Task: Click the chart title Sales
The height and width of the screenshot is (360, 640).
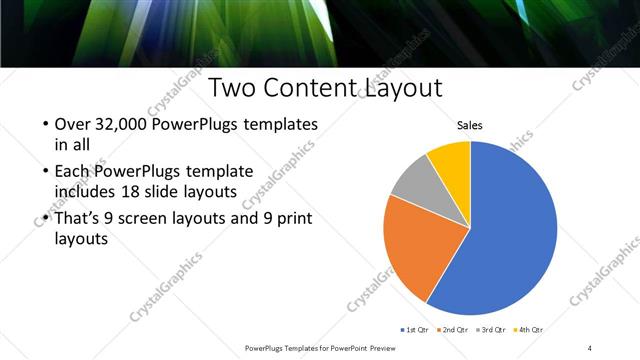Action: click(x=470, y=125)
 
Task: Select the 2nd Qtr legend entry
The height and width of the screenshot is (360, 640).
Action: click(x=458, y=329)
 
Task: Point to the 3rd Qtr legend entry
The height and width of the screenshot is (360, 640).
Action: click(x=495, y=329)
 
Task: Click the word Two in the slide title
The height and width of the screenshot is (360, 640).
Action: click(x=234, y=88)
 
